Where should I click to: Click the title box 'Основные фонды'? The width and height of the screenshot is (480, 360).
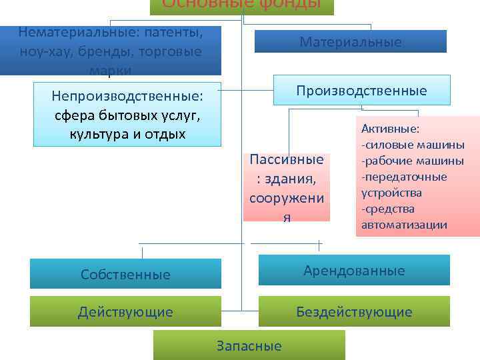[241, 5]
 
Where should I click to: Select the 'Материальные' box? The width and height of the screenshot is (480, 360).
[351, 42]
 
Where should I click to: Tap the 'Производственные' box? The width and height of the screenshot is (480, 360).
[362, 90]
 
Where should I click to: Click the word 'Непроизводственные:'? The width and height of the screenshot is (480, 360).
[127, 97]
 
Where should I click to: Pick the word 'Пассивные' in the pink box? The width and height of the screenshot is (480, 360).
[286, 160]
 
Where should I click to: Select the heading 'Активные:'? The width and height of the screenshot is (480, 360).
[390, 129]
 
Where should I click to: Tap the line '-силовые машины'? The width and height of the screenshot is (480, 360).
[413, 145]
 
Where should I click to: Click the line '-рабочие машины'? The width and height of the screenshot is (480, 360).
[413, 161]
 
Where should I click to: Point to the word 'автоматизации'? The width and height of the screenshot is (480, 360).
[404, 225]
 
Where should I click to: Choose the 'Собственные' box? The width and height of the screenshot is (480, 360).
[125, 274]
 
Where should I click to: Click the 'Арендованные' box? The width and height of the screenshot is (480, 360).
[354, 271]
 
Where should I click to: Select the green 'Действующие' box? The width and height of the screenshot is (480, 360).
[125, 312]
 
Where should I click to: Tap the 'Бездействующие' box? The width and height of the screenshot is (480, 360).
[354, 312]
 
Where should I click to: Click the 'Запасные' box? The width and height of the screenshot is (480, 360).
[249, 345]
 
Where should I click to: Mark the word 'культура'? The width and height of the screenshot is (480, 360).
[97, 134]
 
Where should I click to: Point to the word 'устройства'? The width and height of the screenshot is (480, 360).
[391, 193]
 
